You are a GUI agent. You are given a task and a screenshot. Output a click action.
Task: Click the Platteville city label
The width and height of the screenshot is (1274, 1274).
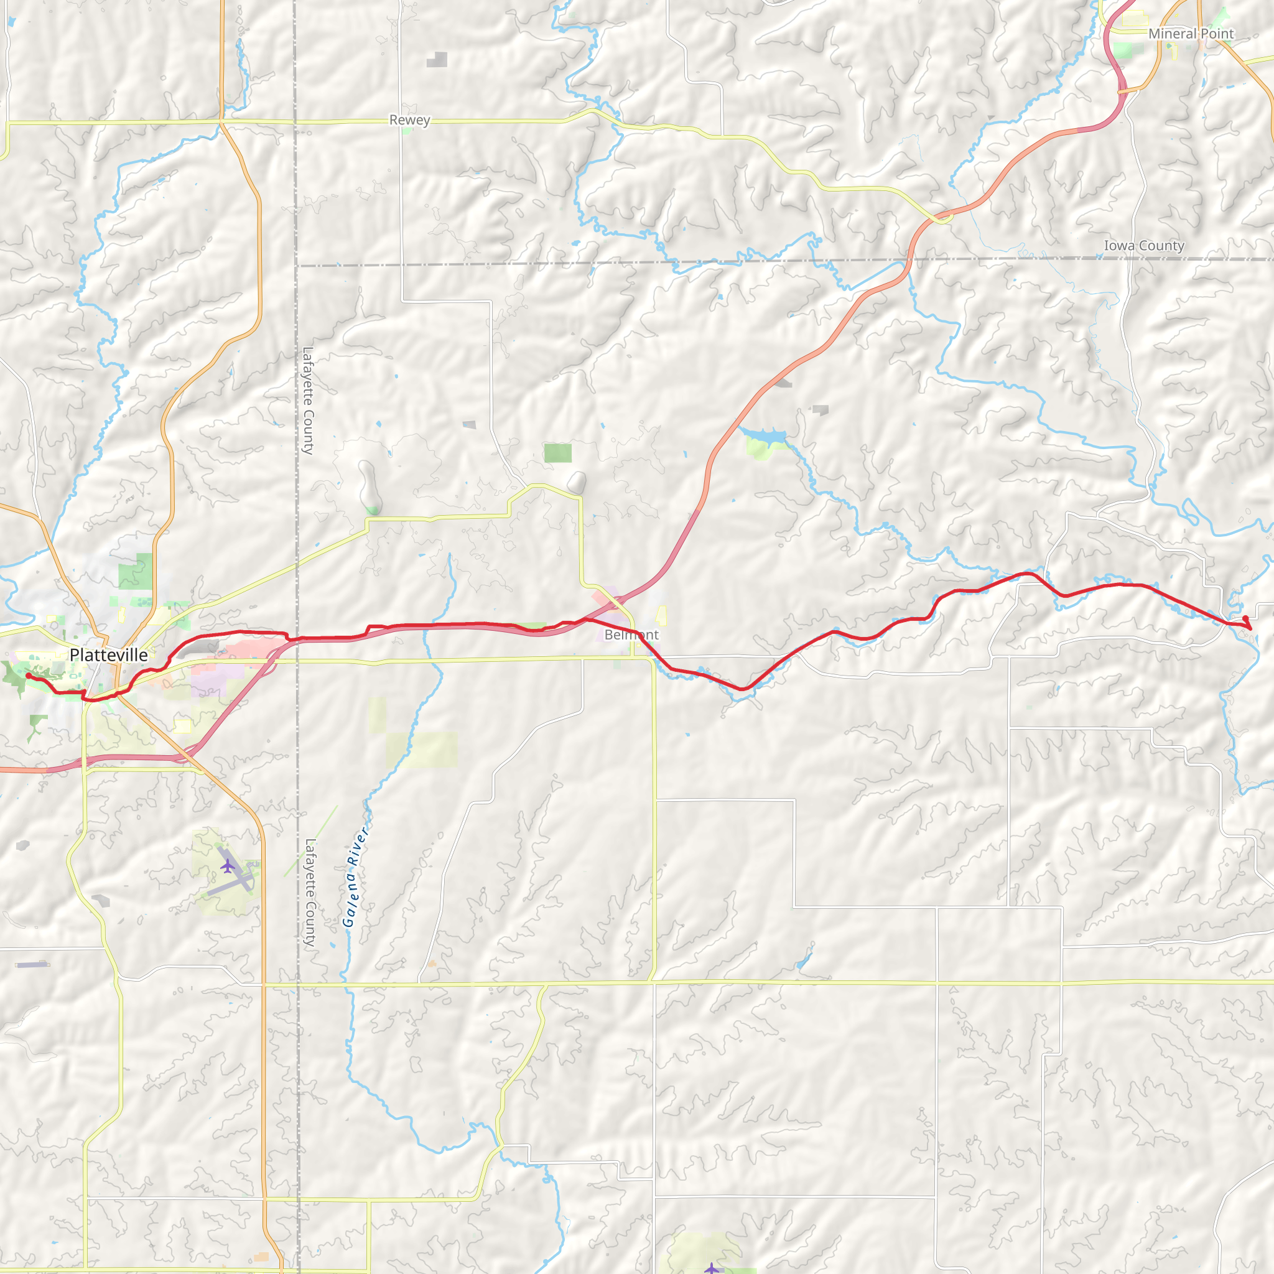(109, 655)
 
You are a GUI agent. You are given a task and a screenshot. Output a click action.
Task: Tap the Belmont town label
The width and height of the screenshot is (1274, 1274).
(631, 635)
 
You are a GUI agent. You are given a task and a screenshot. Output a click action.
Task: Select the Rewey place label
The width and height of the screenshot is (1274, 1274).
(409, 120)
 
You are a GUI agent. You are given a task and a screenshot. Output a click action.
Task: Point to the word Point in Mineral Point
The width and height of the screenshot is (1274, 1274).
(1217, 34)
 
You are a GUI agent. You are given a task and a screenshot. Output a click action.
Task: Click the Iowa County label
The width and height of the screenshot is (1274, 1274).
(1144, 245)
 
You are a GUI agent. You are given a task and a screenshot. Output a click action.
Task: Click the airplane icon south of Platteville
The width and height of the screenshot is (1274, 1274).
(228, 865)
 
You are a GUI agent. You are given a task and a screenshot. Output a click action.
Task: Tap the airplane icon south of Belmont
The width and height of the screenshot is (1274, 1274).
(712, 1268)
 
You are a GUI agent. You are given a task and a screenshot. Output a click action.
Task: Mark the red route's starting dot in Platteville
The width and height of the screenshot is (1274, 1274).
(29, 675)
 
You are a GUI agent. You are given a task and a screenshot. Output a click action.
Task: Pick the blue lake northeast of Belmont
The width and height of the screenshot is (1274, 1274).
(765, 436)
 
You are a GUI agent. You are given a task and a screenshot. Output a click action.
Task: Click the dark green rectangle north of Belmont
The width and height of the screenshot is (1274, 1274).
(558, 453)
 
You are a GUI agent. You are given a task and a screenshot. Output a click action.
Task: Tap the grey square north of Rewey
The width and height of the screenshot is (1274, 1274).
(437, 60)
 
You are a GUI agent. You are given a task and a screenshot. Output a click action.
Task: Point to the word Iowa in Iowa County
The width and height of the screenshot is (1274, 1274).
(1118, 245)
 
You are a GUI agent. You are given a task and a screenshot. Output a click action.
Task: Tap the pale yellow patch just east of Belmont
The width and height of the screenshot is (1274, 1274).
(661, 616)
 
